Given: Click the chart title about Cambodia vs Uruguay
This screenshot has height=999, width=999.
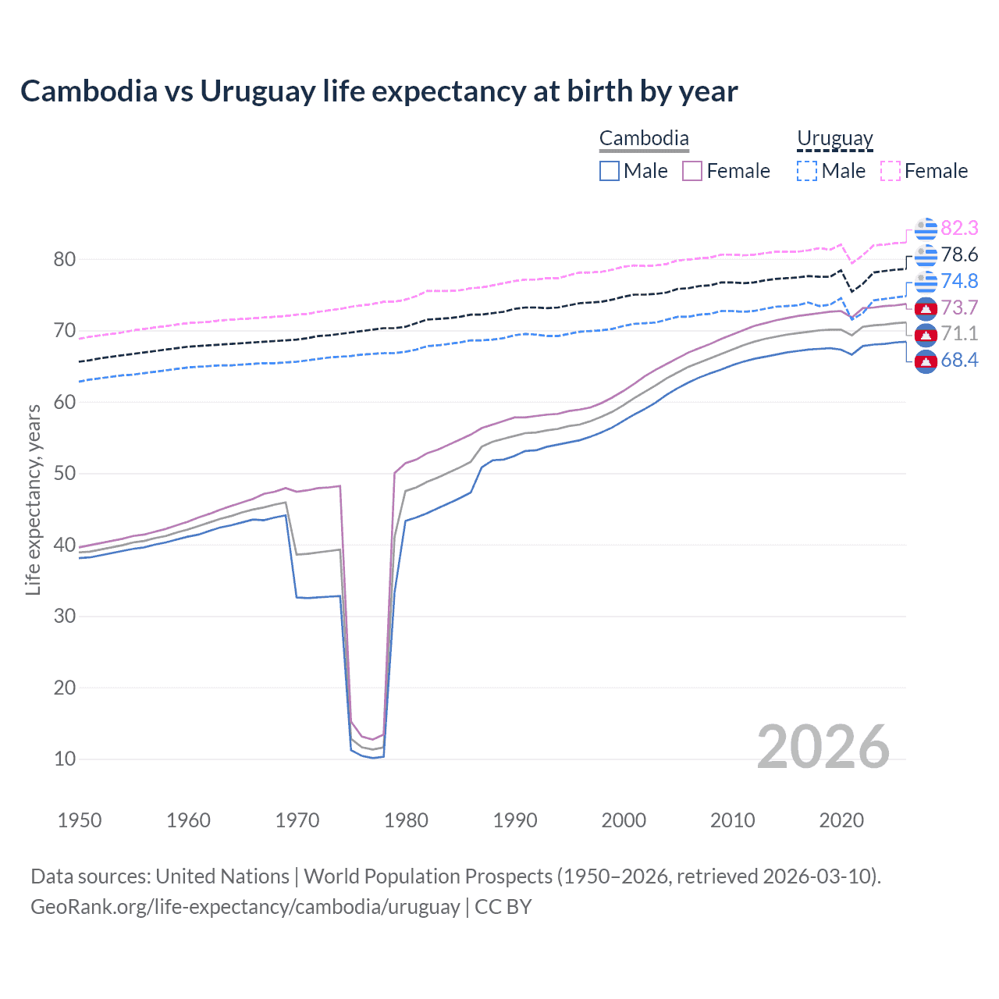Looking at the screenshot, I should (379, 91).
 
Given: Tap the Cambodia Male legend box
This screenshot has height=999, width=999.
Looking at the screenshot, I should (610, 171).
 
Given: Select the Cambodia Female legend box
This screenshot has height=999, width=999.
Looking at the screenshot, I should (692, 171).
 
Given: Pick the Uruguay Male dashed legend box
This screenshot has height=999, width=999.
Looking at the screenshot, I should (807, 171).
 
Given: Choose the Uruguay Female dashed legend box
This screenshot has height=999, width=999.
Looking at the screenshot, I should (891, 171).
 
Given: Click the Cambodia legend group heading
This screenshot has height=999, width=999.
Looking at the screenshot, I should (644, 139).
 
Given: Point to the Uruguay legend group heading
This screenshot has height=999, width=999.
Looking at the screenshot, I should (834, 139).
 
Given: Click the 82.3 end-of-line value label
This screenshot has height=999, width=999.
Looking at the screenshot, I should (959, 228).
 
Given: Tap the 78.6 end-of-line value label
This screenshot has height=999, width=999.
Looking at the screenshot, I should (959, 254).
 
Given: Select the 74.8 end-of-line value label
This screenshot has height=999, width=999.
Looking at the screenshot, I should (959, 281).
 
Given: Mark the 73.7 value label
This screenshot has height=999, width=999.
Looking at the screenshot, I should (959, 308).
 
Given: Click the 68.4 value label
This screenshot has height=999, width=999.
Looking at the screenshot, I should (959, 360).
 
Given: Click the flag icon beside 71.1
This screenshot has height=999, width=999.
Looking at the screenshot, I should (926, 334).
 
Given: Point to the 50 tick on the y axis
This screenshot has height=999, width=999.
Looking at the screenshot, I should (65, 474).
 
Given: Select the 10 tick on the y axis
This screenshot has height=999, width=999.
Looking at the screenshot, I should (65, 759).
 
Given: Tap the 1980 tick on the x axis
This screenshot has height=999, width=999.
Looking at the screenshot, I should (406, 820).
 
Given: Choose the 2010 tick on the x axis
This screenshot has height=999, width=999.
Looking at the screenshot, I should (732, 820).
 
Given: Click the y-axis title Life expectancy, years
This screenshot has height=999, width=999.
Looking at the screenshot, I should (33, 499).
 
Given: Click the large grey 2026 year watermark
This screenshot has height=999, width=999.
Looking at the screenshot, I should (823, 747).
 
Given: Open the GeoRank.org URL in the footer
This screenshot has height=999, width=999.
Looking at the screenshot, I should (245, 907).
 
